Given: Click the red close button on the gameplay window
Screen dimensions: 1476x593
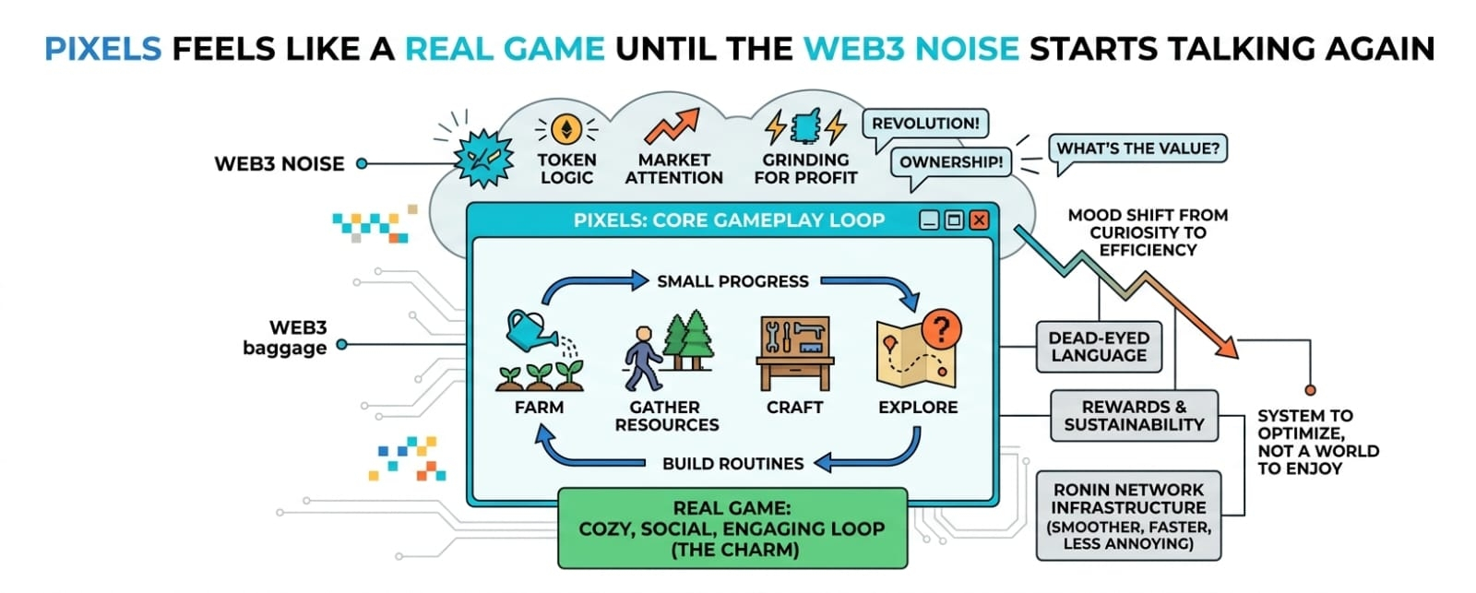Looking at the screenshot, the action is (x=979, y=219).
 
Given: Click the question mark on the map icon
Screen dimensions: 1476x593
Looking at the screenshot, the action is (x=941, y=327).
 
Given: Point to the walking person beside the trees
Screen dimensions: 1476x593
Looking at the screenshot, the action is (x=643, y=358).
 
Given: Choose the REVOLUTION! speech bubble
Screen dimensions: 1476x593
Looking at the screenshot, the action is (x=925, y=124).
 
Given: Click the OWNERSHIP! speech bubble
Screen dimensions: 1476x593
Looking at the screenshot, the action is (x=950, y=162).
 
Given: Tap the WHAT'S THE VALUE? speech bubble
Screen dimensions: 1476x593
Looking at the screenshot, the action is (x=1137, y=148).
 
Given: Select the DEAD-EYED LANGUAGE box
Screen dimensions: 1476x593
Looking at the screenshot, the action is (x=1098, y=347).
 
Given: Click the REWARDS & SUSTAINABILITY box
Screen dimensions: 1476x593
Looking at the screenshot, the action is (x=1134, y=416).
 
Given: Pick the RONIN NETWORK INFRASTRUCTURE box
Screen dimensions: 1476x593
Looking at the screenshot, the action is (x=1128, y=516).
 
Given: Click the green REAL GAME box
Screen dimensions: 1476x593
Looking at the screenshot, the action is (x=732, y=528).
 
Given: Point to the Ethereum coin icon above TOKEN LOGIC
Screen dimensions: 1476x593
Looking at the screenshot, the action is (x=566, y=130).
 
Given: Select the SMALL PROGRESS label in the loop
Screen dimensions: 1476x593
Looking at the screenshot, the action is (x=732, y=281).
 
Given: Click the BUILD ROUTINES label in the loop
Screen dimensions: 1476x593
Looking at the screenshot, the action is (x=732, y=463).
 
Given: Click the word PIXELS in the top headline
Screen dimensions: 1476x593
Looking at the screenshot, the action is (x=102, y=48).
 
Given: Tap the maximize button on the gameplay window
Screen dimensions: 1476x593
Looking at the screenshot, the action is (x=954, y=219).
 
